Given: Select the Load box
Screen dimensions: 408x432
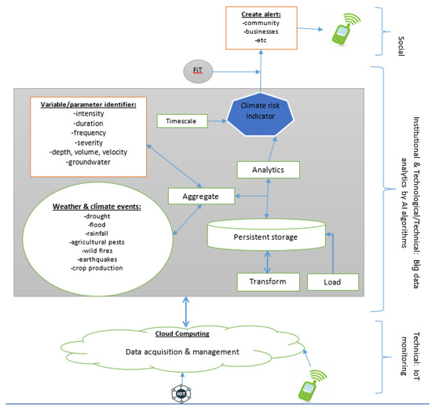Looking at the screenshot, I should (331, 281).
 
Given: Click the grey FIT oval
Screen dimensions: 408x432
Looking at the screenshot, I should (198, 71).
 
